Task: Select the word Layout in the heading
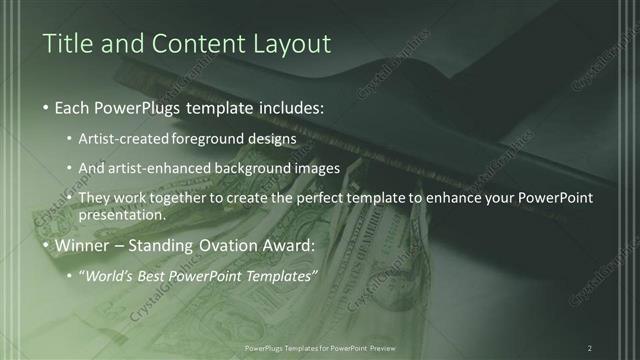point(291,44)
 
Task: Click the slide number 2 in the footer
point(590,348)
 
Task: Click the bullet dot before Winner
point(48,246)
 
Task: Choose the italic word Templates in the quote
point(284,276)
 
